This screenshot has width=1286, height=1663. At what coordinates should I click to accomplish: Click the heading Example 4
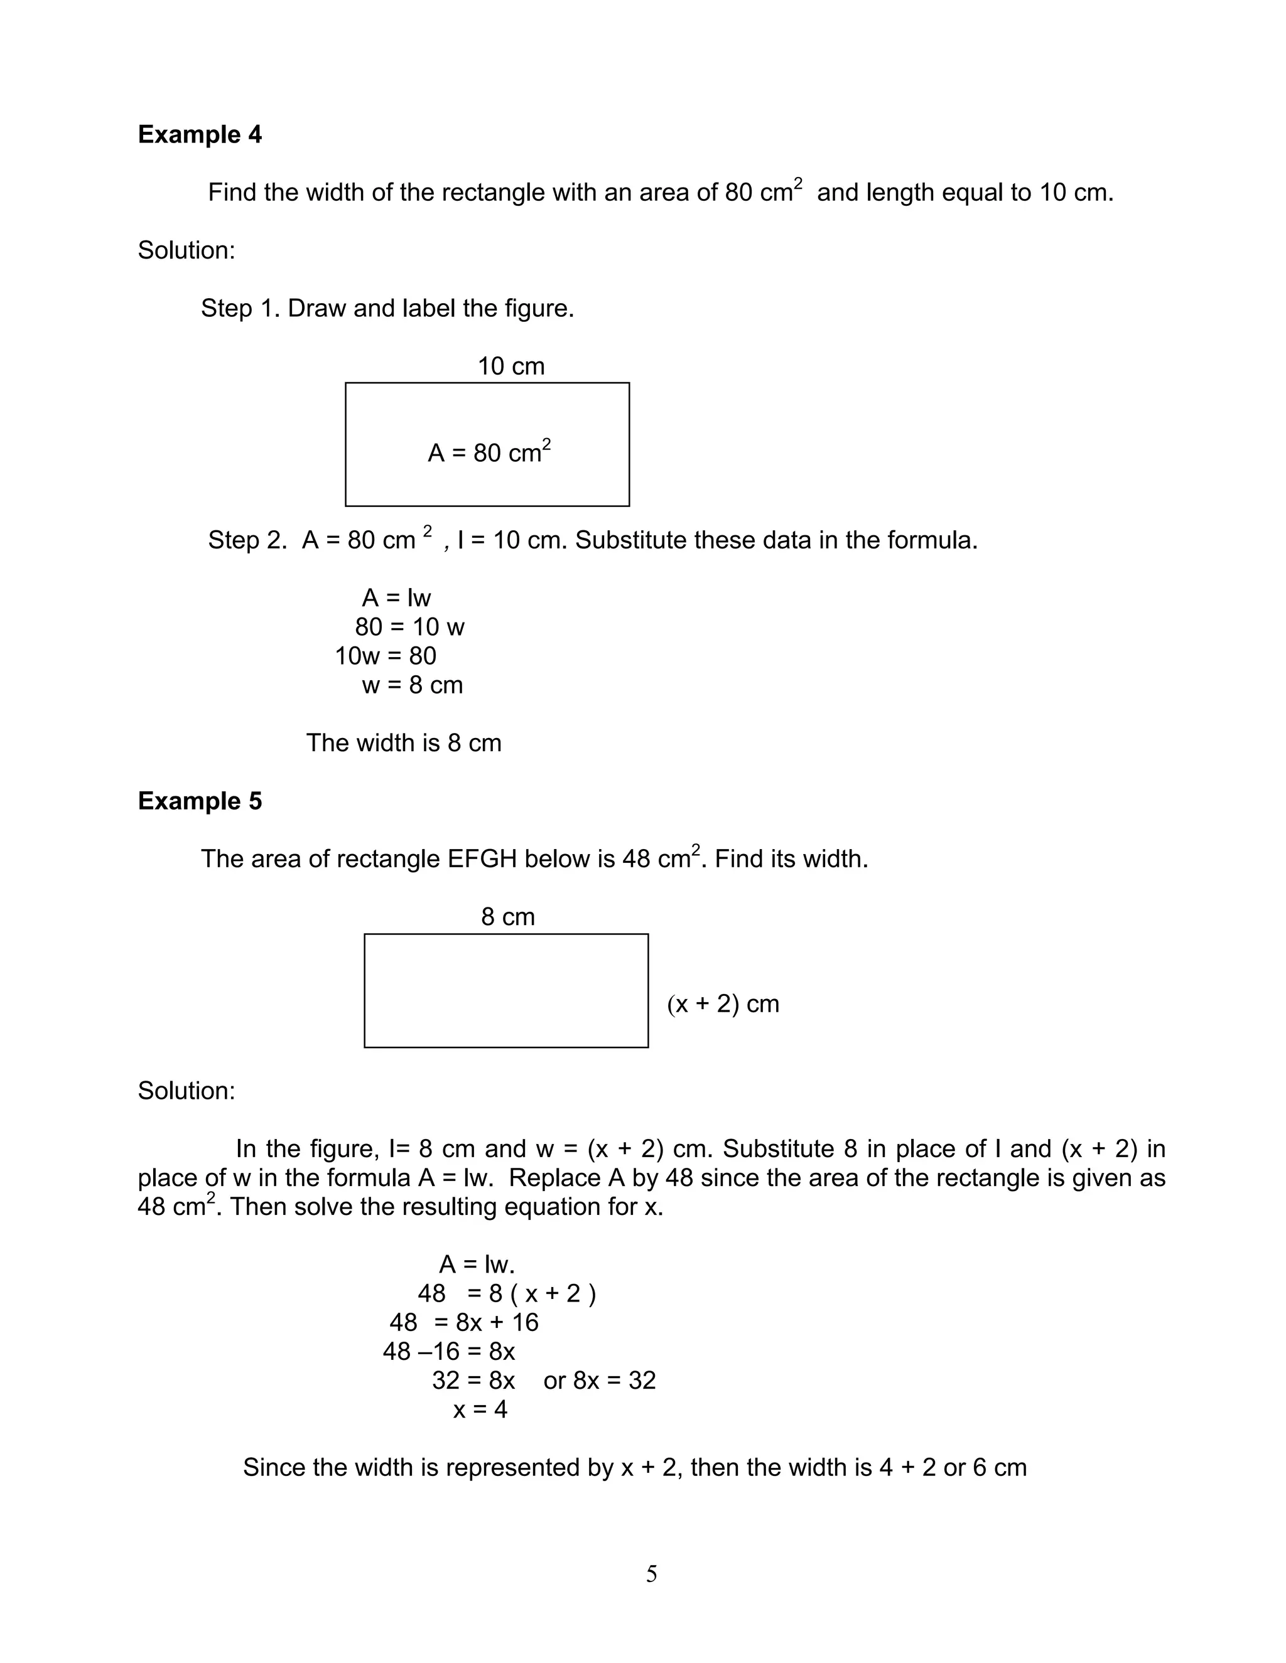(200, 135)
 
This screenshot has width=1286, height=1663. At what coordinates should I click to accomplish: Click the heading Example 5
(200, 801)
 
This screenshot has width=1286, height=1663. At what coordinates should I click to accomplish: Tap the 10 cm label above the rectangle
(511, 366)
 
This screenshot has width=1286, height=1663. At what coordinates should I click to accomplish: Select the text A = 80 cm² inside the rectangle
(489, 452)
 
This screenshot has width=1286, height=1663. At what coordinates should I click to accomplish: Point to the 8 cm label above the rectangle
(507, 917)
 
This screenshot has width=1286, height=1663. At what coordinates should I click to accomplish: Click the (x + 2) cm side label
(722, 1003)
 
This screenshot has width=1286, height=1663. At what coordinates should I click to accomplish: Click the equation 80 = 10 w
(409, 628)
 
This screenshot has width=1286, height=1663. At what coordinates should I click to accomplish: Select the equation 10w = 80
(386, 656)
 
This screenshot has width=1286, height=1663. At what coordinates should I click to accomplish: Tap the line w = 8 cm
(412, 685)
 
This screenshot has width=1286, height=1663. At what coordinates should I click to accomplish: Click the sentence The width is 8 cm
(404, 743)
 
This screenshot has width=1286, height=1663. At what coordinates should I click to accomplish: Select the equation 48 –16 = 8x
(449, 1352)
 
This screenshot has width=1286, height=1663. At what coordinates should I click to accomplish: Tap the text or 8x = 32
(600, 1381)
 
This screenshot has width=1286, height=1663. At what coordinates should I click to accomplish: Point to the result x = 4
(480, 1409)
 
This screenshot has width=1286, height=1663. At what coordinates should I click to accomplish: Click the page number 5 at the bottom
(651, 1574)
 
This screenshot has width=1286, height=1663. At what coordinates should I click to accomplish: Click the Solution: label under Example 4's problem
(186, 250)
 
